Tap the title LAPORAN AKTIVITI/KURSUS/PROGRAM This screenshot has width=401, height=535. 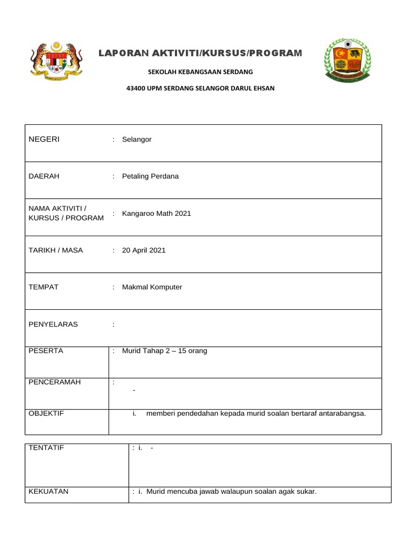pos(200,53)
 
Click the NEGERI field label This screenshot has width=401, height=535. pos(44,139)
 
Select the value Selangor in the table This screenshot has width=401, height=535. pos(137,139)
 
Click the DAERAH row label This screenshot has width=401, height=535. pos(44,176)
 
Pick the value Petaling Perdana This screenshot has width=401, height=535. pos(150,176)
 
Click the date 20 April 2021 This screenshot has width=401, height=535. pos(144,250)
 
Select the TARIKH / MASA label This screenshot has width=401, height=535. pos(56,250)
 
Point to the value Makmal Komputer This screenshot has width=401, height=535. pos(152,287)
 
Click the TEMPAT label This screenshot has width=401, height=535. pos(43,287)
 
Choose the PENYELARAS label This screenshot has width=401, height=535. pos(53,324)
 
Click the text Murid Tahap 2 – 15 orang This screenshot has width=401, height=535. pos(164,351)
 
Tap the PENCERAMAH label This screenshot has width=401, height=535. pos(55,382)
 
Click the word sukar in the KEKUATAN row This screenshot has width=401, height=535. pos(306,492)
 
